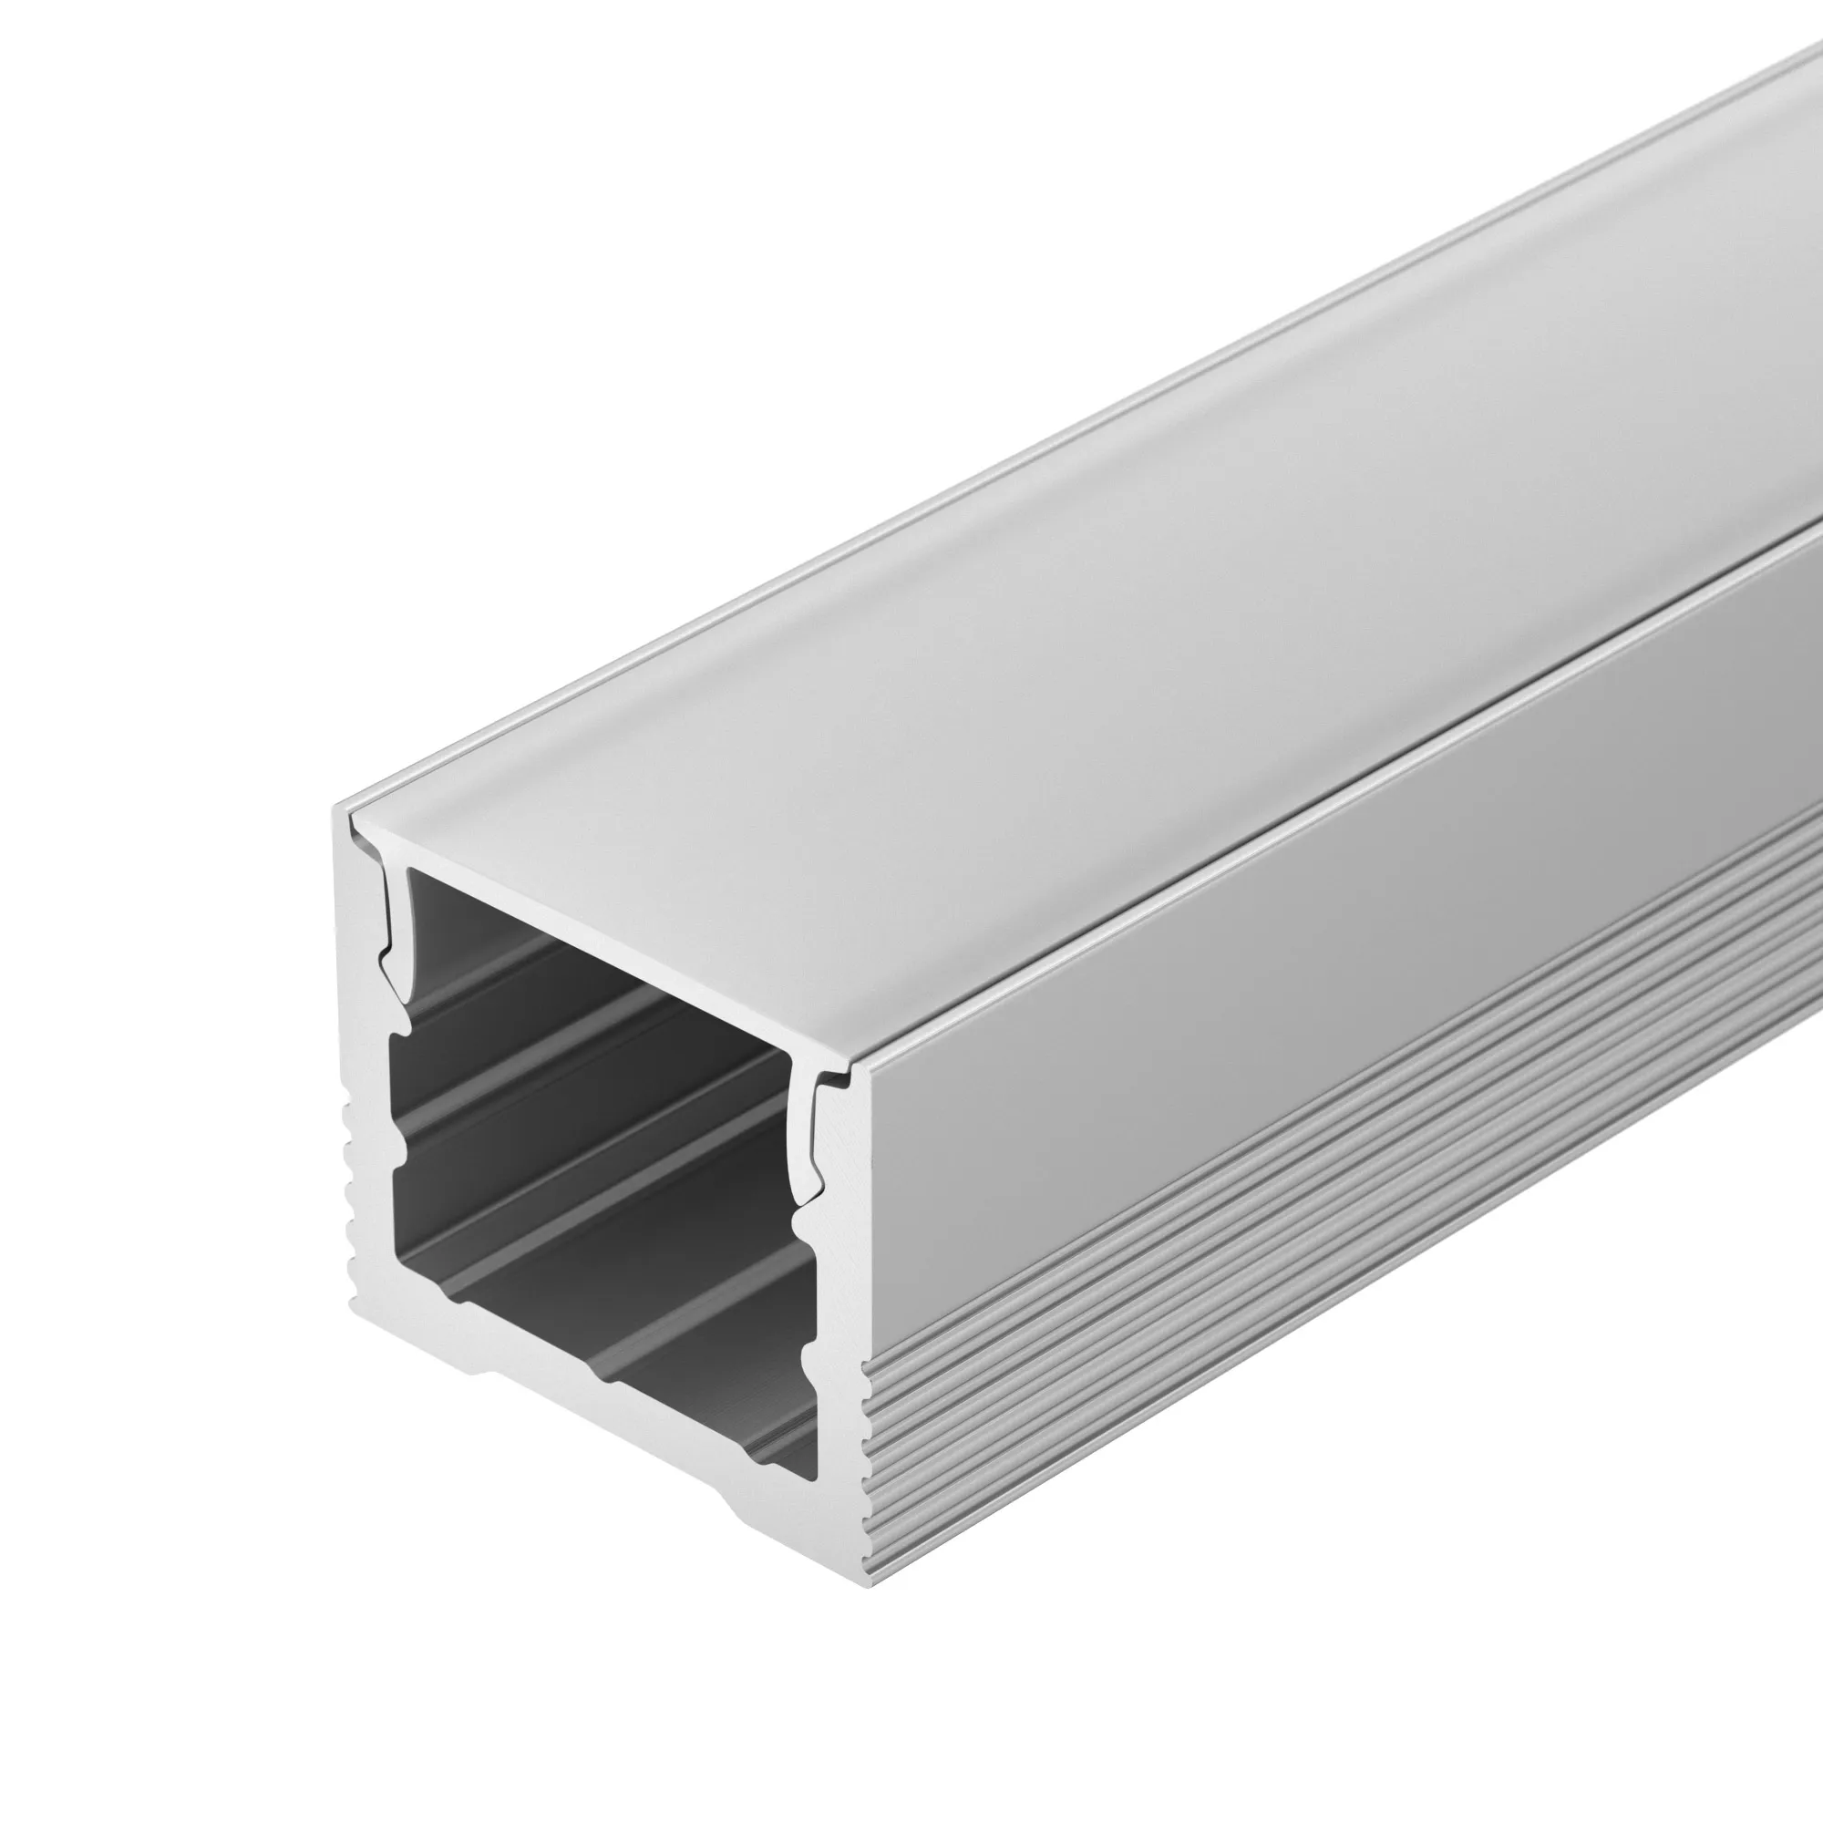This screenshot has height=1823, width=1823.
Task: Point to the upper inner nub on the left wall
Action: tap(402, 1024)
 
